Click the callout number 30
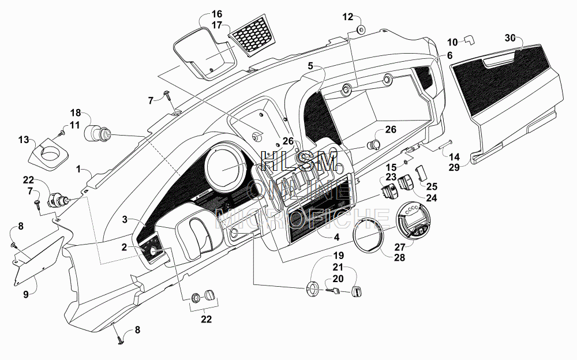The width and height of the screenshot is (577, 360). point(510,38)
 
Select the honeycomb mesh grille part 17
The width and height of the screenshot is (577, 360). point(252,35)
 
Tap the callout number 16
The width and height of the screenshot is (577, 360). point(217,14)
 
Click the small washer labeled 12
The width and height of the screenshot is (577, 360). point(361,29)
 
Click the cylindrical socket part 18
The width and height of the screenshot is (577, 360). point(97,133)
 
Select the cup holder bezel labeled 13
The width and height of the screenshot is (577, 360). point(48,154)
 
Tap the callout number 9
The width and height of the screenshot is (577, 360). point(26,294)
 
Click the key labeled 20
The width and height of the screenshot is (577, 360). point(333,290)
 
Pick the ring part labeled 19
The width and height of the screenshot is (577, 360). point(313,287)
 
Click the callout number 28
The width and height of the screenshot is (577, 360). point(399,257)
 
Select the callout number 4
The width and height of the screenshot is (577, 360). point(336,237)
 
